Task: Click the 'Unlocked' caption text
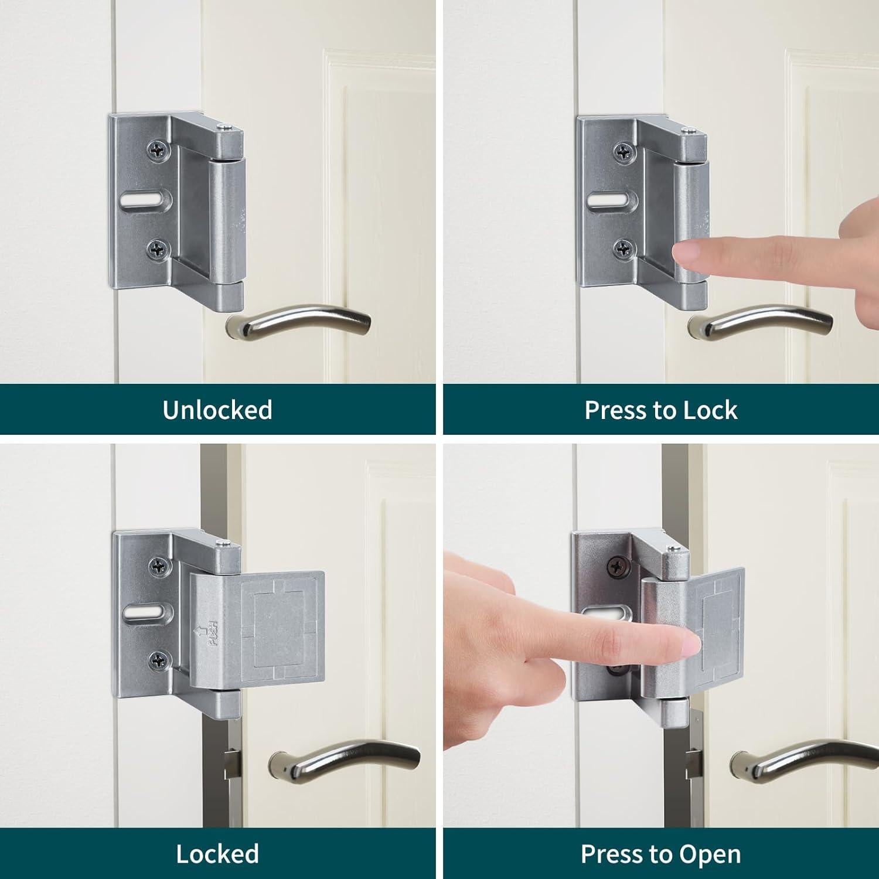pos(217,410)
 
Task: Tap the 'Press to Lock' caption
pos(660,410)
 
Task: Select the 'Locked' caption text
pos(217,854)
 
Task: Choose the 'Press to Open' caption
pos(660,854)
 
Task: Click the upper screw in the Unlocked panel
pos(156,149)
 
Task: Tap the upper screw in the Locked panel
pos(159,565)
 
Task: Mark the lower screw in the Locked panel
pos(159,660)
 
